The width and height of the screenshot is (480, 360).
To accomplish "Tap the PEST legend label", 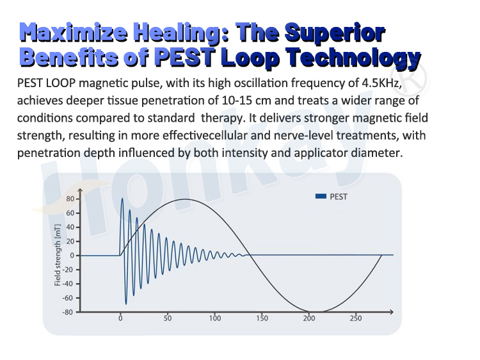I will [x=339, y=197].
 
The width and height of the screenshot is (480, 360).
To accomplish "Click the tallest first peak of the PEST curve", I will [x=122, y=199].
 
